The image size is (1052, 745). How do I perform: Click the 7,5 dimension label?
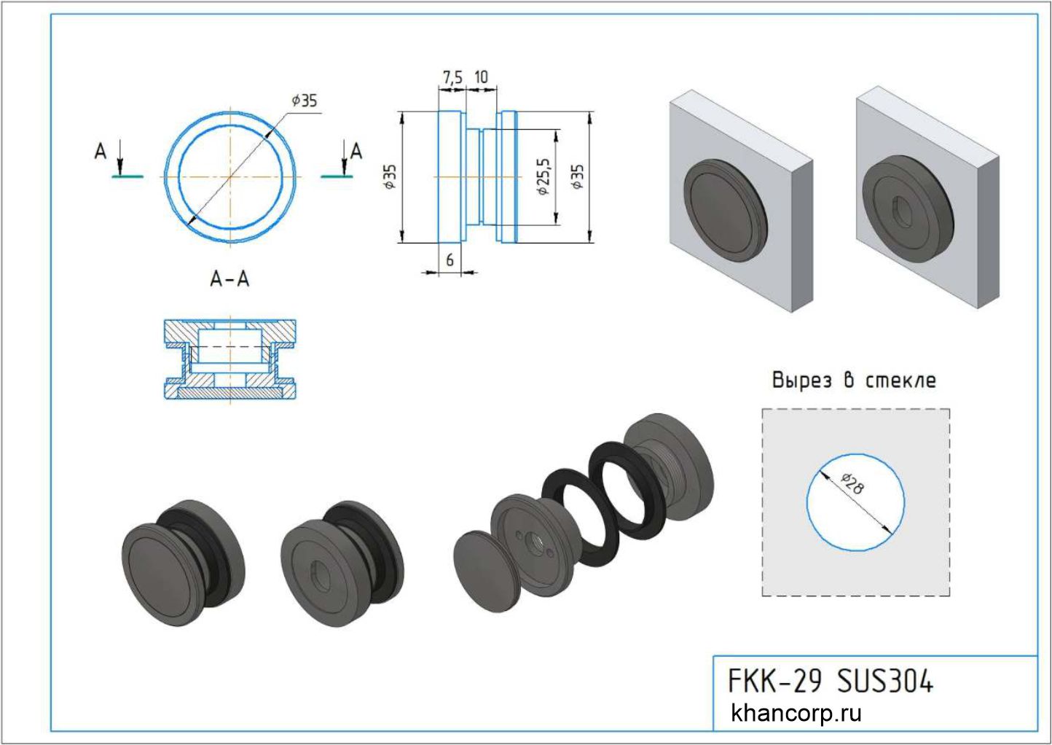(x=452, y=77)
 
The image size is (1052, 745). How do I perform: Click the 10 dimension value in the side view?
(x=481, y=77)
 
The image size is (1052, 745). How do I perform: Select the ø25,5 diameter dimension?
(x=542, y=177)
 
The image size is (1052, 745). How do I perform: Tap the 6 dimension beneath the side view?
(x=450, y=260)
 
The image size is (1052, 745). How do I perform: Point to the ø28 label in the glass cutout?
(x=852, y=483)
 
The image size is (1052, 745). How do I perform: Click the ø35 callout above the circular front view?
(x=305, y=101)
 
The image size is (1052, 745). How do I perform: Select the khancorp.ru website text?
(x=796, y=712)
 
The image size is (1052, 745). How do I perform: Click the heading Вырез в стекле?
(x=853, y=381)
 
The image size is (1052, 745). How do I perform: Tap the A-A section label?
(x=229, y=278)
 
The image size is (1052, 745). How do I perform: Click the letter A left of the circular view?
(x=101, y=152)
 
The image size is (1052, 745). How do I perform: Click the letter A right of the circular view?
(x=356, y=152)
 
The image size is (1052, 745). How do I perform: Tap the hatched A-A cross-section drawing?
(x=229, y=359)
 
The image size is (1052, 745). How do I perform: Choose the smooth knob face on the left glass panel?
(x=722, y=207)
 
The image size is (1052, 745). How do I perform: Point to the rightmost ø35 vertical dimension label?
(x=578, y=176)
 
